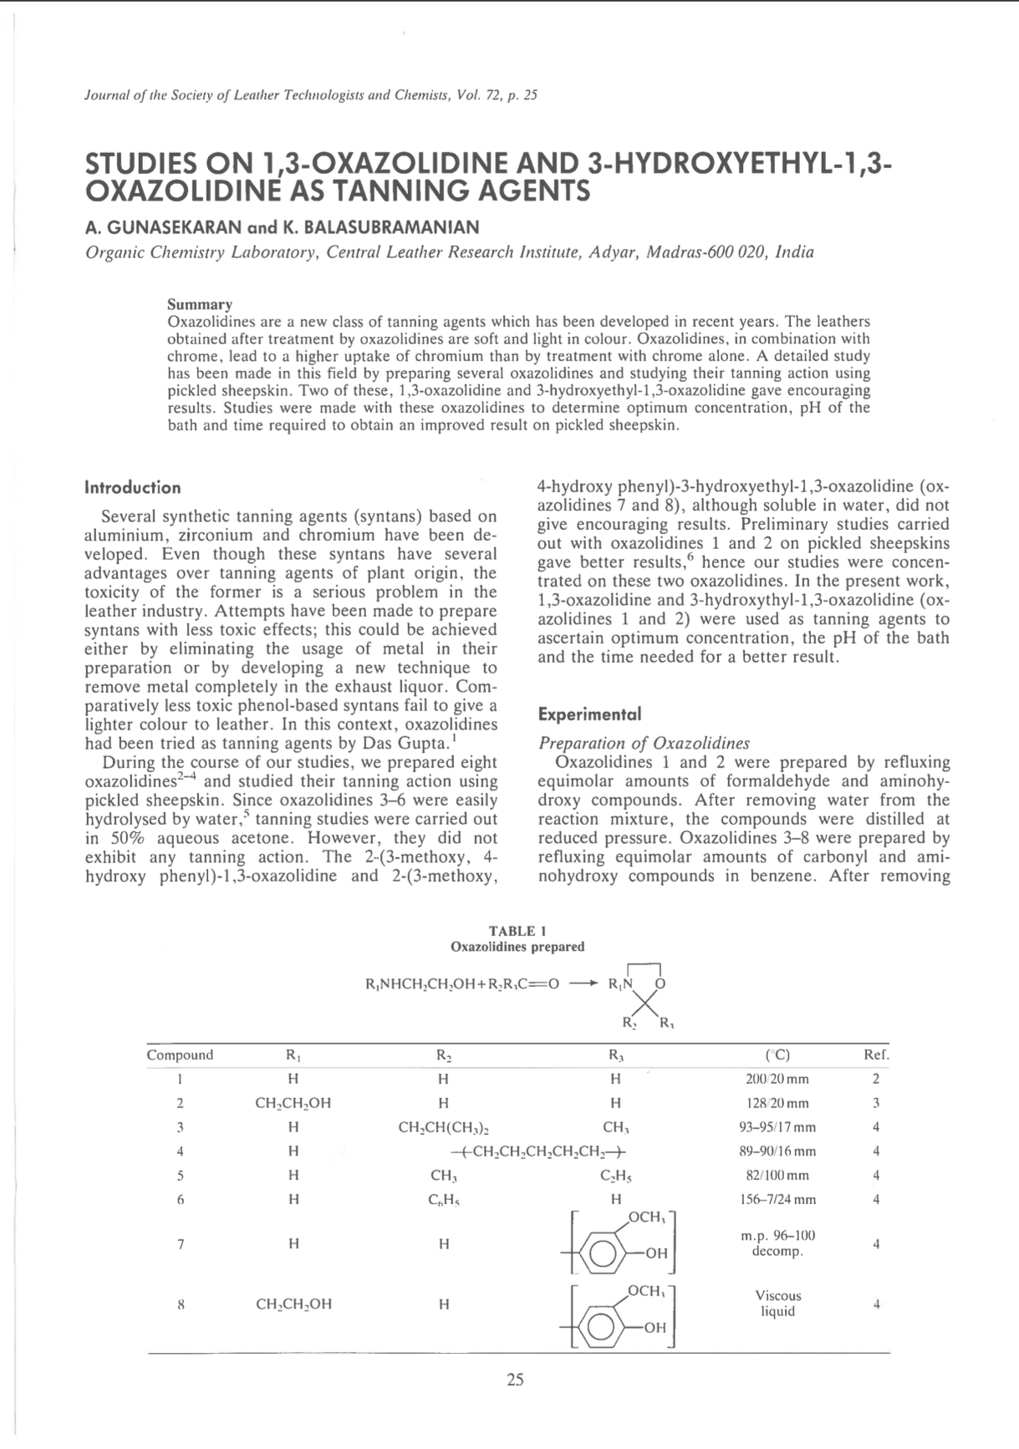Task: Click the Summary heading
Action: click(x=200, y=304)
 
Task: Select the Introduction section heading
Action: click(x=133, y=487)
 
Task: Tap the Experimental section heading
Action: click(x=589, y=714)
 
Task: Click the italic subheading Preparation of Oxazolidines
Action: click(x=644, y=743)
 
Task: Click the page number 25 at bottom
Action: click(x=515, y=1380)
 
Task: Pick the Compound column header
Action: click(x=180, y=1055)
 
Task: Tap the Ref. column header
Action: click(x=876, y=1055)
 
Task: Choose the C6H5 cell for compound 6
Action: click(x=444, y=1200)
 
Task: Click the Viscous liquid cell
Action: click(x=777, y=1303)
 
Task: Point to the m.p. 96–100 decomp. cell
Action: click(x=777, y=1243)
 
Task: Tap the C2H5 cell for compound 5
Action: click(x=616, y=1176)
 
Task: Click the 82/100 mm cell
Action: click(x=777, y=1176)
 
